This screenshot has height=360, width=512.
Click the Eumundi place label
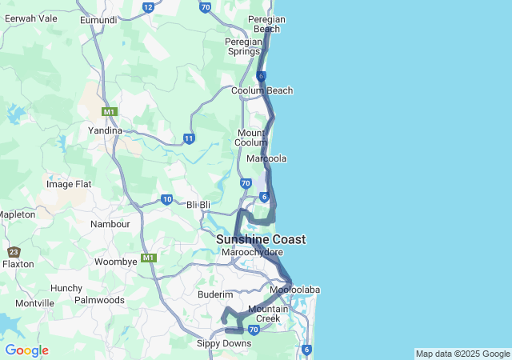(98, 19)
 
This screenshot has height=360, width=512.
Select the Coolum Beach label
(262, 91)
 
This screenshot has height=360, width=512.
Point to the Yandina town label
(105, 130)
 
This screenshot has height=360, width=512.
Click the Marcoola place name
(267, 158)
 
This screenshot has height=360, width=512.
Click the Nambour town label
(110, 225)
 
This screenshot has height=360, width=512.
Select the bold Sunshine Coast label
(260, 239)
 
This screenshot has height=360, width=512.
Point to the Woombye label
(116, 262)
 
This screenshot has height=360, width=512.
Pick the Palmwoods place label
(99, 300)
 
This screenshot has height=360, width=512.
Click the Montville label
(34, 303)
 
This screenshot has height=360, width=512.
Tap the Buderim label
(214, 294)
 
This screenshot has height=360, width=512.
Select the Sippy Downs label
(224, 344)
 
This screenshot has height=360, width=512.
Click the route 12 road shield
(148, 7)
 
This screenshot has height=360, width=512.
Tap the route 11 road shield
(189, 138)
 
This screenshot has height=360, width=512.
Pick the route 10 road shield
(166, 199)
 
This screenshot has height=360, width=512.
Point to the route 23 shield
(14, 252)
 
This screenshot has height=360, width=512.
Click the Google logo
(26, 350)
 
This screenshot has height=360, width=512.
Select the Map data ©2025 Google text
(462, 354)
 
